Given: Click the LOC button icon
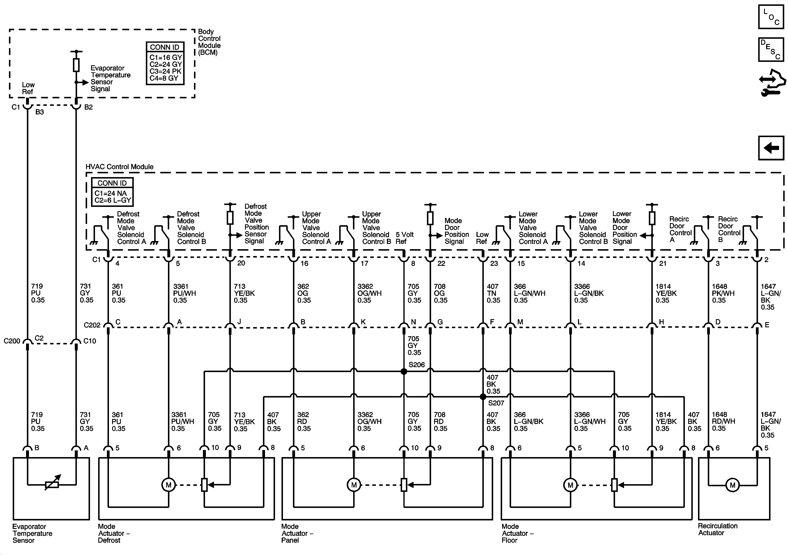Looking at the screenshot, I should click(x=771, y=16).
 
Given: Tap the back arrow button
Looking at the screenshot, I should click(x=771, y=148).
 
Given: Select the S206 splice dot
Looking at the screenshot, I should click(x=404, y=371).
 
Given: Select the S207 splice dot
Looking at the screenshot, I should click(x=483, y=397).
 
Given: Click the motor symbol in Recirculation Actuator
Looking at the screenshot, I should click(x=732, y=485).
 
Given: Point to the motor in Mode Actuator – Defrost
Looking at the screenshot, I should click(x=169, y=485).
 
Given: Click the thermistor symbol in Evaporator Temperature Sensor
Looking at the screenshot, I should click(x=52, y=485).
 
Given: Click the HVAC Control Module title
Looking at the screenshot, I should click(x=119, y=167).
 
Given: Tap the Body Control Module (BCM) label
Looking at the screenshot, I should click(x=209, y=42).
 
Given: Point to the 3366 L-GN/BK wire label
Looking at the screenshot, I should click(x=589, y=293).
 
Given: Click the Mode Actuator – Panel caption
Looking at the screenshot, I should click(x=297, y=533).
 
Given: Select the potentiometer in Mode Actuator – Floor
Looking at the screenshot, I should click(x=614, y=485).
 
